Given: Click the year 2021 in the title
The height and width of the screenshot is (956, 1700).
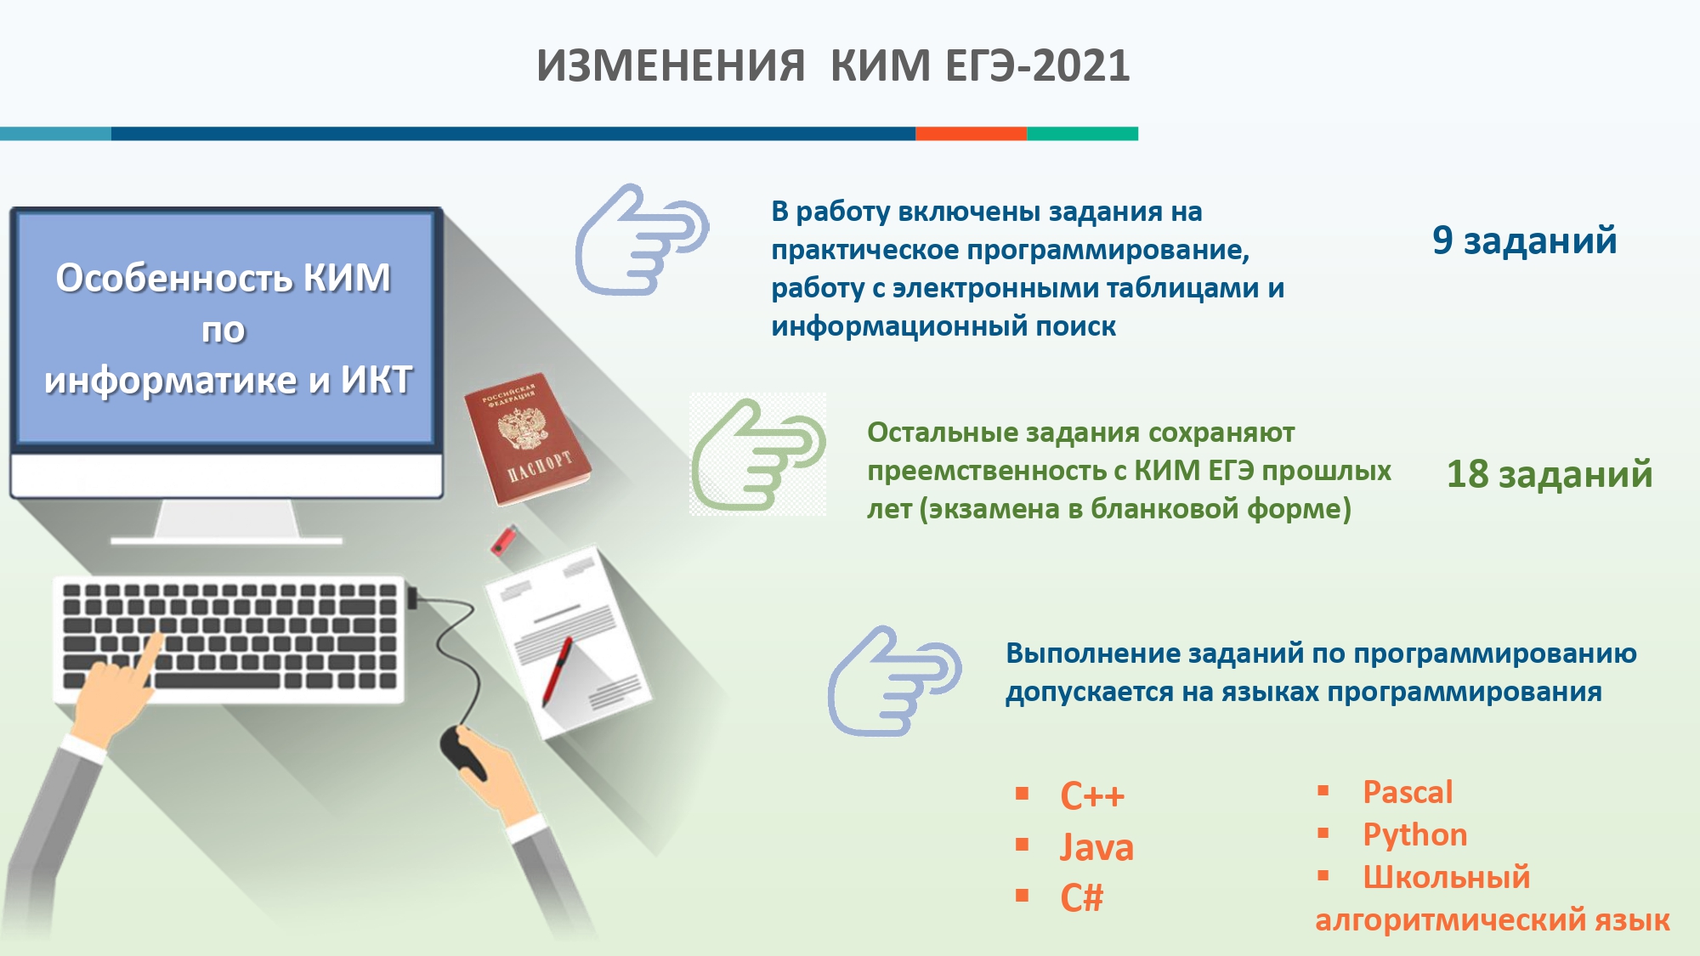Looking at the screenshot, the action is point(1081,66).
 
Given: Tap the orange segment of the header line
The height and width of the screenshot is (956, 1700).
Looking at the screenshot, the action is point(971,133).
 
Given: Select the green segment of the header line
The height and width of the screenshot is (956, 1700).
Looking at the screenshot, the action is point(1082,133).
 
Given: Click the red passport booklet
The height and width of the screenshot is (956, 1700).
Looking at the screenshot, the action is point(527,438).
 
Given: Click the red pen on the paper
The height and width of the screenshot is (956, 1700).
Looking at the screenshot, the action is point(557,671).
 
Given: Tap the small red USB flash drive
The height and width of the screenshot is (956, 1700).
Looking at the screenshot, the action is point(504,540).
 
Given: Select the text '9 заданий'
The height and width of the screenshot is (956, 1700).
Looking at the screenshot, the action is point(1524,241).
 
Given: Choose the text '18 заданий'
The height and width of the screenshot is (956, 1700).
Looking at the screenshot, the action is point(1550,475).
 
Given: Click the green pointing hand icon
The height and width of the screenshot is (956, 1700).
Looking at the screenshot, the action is point(756,455).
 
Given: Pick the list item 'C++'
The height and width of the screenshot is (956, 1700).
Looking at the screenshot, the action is point(1092,796).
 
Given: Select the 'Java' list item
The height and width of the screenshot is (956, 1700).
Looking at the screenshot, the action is point(1096,847).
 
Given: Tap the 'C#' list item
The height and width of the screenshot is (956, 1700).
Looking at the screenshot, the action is point(1081,898).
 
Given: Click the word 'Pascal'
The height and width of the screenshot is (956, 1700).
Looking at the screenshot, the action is point(1408,792).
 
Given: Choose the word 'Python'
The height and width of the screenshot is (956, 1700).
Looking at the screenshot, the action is point(1415,835).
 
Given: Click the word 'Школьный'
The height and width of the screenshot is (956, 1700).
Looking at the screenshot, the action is point(1447,877).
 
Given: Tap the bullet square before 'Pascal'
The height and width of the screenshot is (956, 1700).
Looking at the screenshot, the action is point(1323,790).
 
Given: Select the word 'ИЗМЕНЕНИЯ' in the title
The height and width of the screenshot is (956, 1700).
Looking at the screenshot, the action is point(671,66).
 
